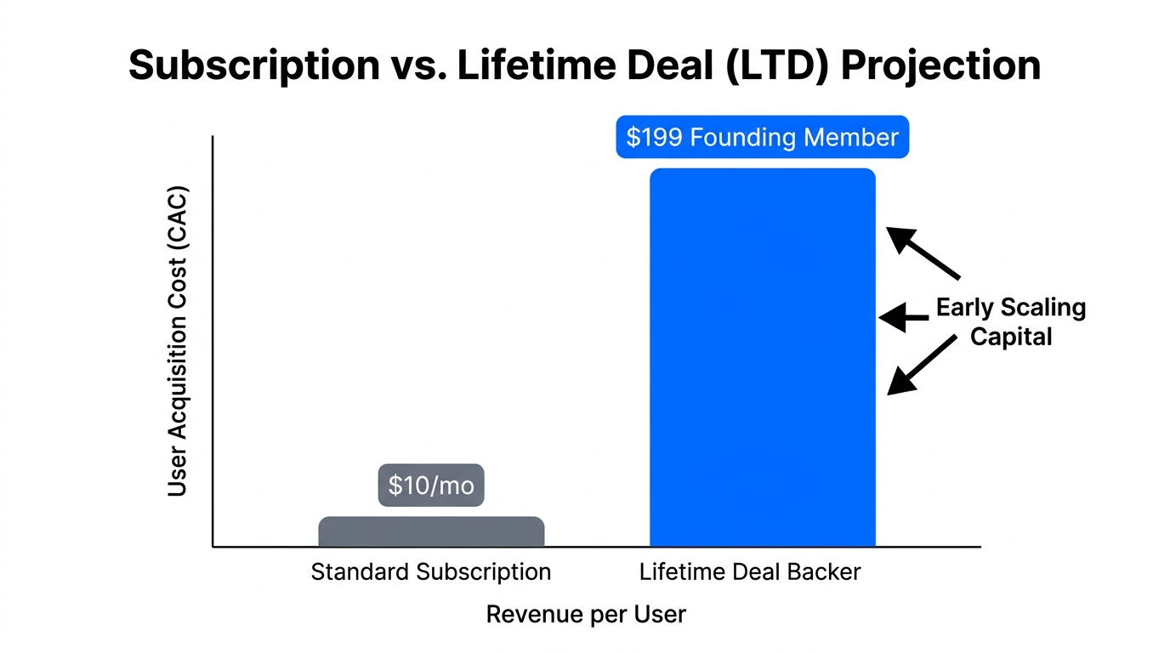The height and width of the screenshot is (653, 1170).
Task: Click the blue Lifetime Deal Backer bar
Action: (x=762, y=357)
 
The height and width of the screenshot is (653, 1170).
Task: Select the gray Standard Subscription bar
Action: (x=431, y=531)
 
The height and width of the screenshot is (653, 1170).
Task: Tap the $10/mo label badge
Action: (x=431, y=485)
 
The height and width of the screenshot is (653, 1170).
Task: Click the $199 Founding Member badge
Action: (x=762, y=138)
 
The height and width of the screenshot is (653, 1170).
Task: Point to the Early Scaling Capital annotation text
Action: (x=1011, y=321)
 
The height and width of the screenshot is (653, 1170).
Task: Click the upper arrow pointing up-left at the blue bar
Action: (x=923, y=253)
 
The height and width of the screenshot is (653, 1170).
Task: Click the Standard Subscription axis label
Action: (x=431, y=572)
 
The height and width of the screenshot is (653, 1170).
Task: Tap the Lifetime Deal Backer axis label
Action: (x=750, y=572)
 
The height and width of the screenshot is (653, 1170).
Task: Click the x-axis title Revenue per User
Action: (x=586, y=615)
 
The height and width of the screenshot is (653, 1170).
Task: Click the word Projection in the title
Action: (x=941, y=66)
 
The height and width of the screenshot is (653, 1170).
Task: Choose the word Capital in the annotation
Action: (x=1011, y=337)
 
